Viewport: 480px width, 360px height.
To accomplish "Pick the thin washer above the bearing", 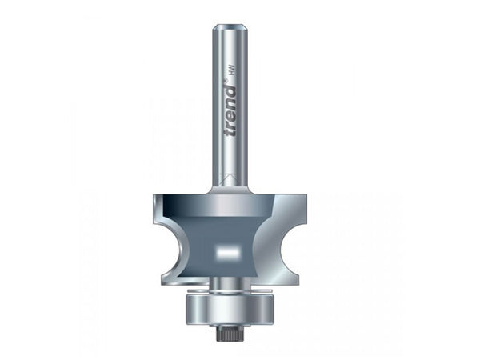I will coord(229,290).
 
